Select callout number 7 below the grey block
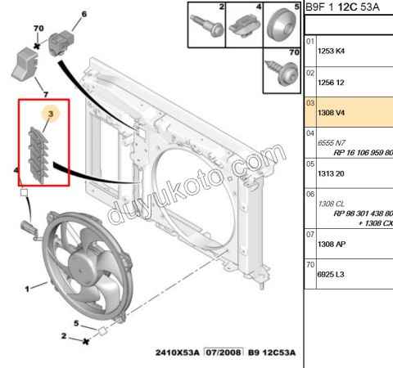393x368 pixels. [x=34, y=95]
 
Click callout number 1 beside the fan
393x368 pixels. [x=28, y=288]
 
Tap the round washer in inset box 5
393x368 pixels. [x=282, y=23]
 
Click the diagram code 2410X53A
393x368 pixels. [x=176, y=354]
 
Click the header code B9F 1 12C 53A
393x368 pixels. [x=346, y=8]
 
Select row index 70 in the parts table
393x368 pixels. [x=310, y=265]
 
